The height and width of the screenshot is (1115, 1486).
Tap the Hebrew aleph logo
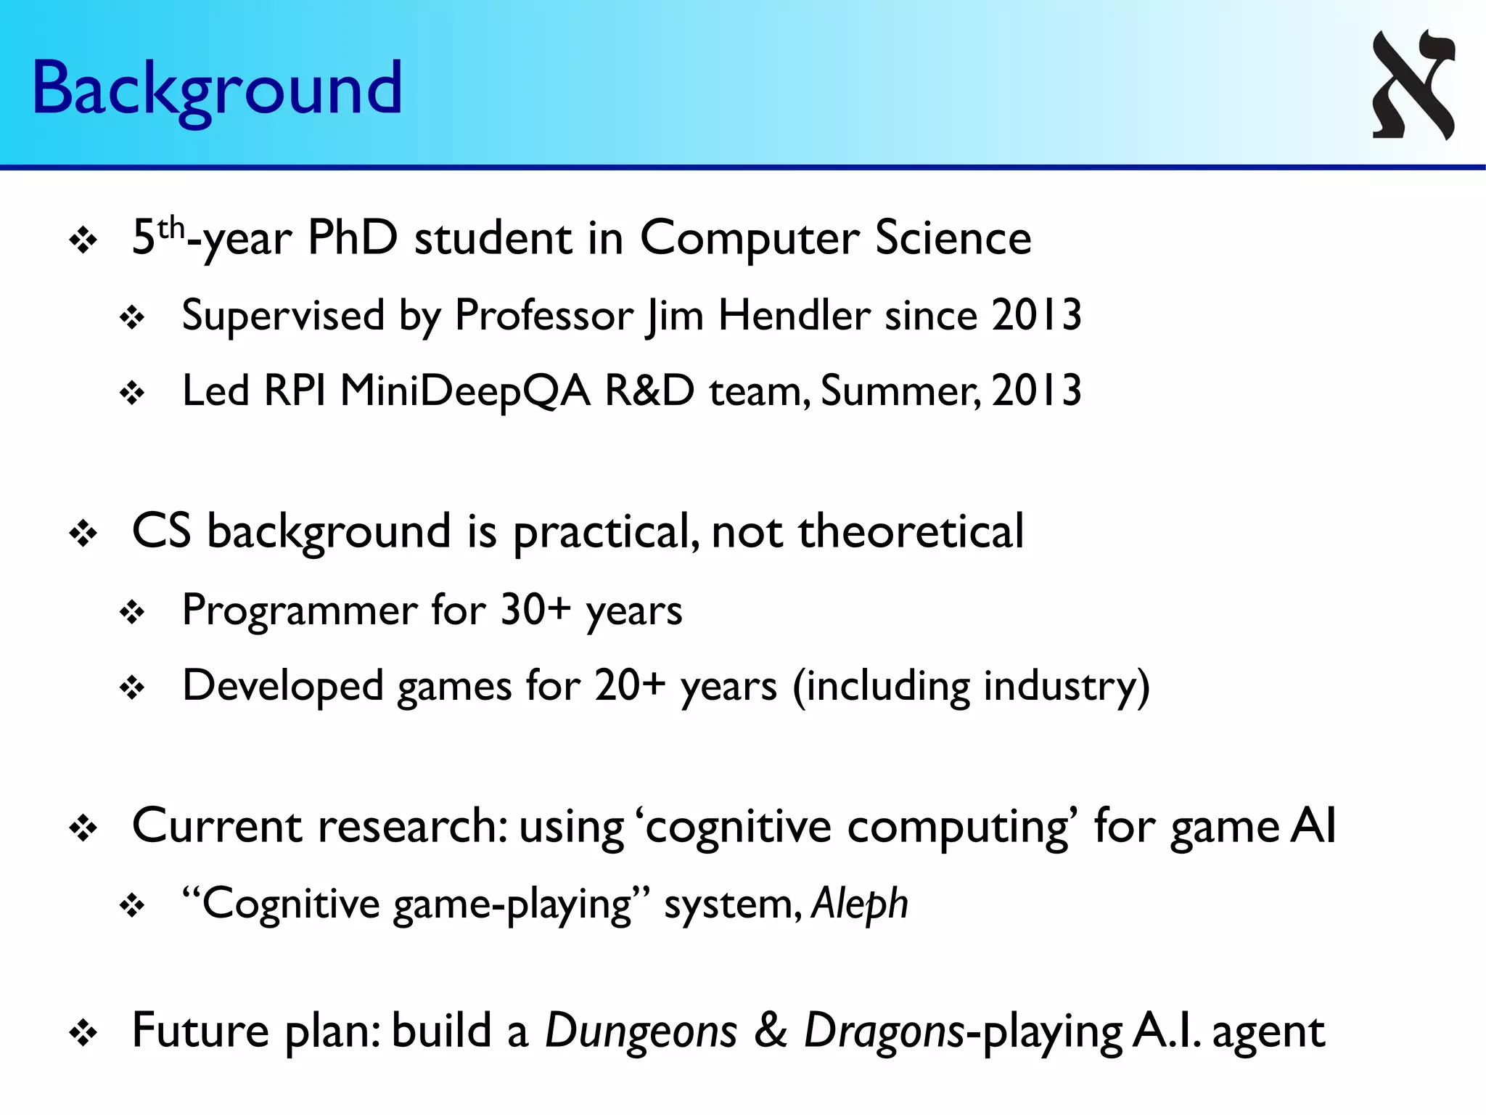[x=1413, y=84]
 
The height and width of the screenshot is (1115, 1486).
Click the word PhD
[x=353, y=238]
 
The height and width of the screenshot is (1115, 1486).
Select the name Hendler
[x=795, y=316]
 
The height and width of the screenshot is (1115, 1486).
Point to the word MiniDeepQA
[x=464, y=392]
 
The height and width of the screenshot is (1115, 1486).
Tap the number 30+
[x=535, y=610]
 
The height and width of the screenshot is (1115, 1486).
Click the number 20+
[x=629, y=685]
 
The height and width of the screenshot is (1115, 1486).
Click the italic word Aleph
[x=859, y=904]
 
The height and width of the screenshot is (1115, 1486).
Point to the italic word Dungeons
[x=641, y=1031]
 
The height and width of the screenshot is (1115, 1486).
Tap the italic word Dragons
[x=884, y=1031]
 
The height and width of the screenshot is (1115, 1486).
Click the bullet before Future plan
[x=83, y=1034]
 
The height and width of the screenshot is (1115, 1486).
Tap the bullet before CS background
[x=83, y=535]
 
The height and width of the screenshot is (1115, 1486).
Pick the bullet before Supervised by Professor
[x=133, y=318]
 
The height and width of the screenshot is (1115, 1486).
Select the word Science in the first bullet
[x=953, y=238]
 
